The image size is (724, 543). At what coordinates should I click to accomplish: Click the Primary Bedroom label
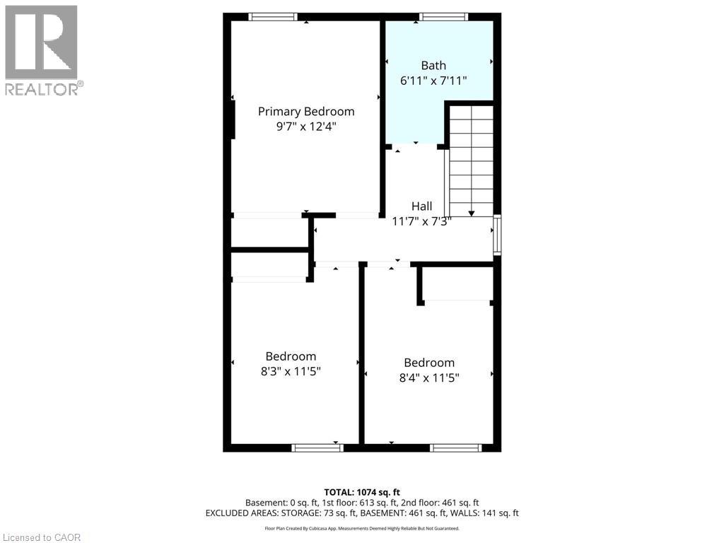pos(305,112)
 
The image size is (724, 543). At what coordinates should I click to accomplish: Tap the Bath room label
pos(433,66)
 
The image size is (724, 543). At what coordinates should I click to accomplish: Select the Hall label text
pos(422,206)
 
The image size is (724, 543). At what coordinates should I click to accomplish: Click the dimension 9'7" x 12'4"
pos(305,127)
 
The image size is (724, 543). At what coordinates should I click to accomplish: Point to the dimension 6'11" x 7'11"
pos(433,81)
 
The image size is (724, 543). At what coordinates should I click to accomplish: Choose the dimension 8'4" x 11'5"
pos(429,378)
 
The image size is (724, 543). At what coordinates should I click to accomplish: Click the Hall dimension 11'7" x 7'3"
pos(422,221)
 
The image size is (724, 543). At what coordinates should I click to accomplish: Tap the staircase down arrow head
pos(472,212)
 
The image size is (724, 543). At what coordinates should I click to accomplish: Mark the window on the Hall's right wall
pos(497,235)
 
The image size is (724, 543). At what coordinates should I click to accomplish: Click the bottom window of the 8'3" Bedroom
pos(317,447)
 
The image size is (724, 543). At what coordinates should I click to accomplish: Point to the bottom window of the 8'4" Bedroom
pos(456,447)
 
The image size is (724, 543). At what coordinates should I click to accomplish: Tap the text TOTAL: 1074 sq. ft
pos(362,492)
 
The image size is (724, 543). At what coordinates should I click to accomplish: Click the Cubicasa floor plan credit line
pos(362,528)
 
